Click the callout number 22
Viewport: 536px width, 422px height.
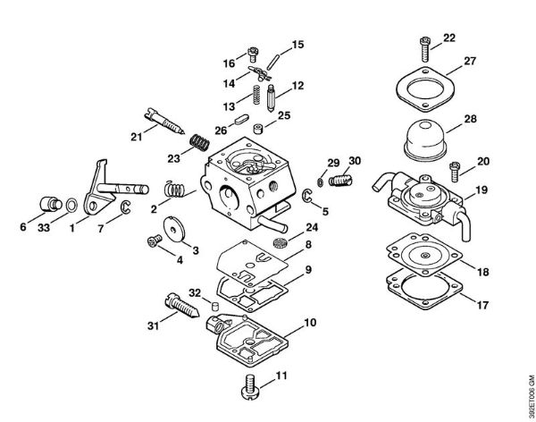[x=448, y=37]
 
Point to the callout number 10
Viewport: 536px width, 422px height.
[x=310, y=322]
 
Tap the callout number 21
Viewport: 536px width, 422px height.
[x=136, y=136]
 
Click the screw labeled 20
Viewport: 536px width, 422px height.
[x=455, y=166]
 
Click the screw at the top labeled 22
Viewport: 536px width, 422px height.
[x=421, y=41]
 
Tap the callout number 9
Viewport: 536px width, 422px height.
[x=308, y=268]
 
